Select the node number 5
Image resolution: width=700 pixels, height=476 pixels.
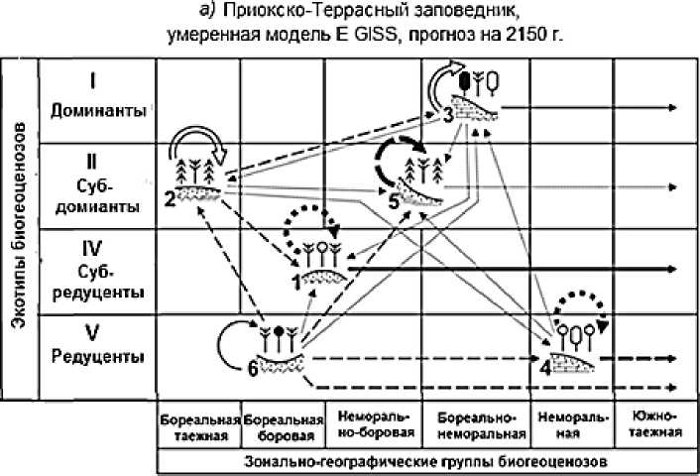tap(394, 200)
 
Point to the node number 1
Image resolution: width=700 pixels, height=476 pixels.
tap(296, 283)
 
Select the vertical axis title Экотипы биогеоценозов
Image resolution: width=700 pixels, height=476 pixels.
tap(17, 227)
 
